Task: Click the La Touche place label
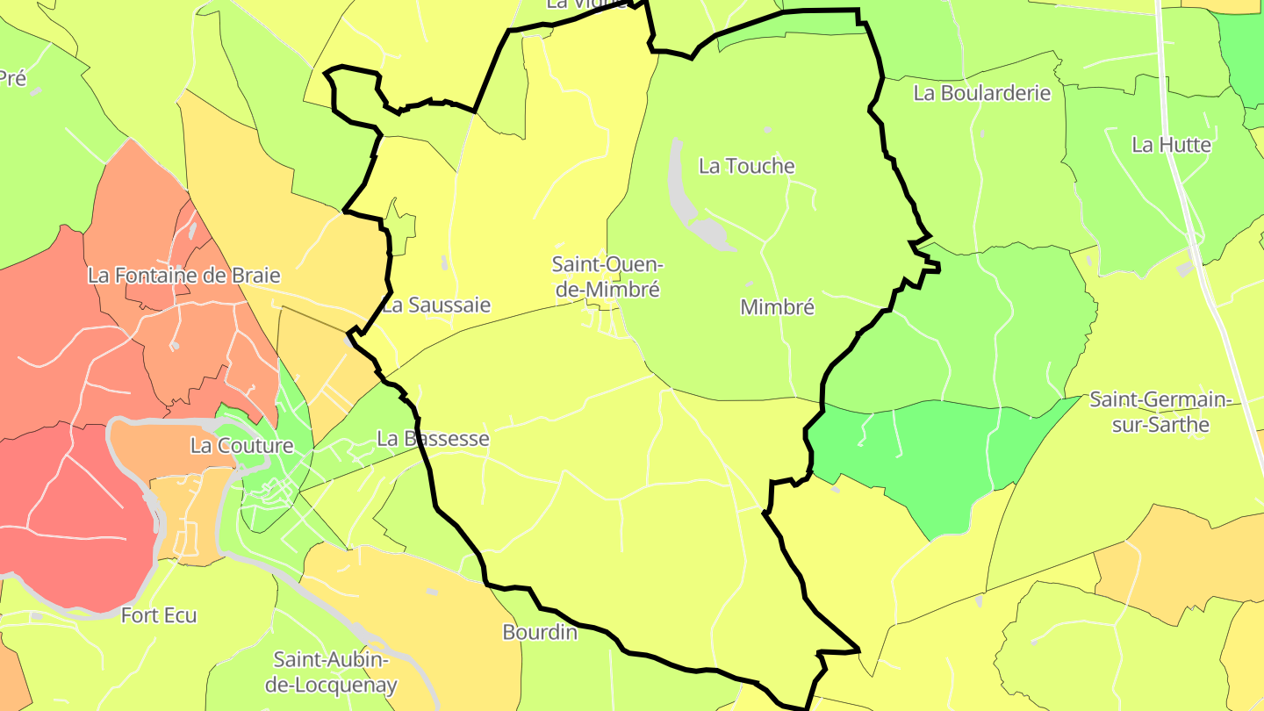(746, 166)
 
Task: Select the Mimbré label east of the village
(777, 307)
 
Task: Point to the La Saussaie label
(436, 305)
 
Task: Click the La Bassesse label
(432, 438)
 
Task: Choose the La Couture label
(241, 445)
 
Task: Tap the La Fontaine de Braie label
(183, 275)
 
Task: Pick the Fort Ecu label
(159, 615)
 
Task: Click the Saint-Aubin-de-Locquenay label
(335, 671)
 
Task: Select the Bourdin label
(540, 632)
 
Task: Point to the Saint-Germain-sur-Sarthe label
(1161, 413)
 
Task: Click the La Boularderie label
(981, 93)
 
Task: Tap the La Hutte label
(1171, 145)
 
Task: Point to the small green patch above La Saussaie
(401, 230)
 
